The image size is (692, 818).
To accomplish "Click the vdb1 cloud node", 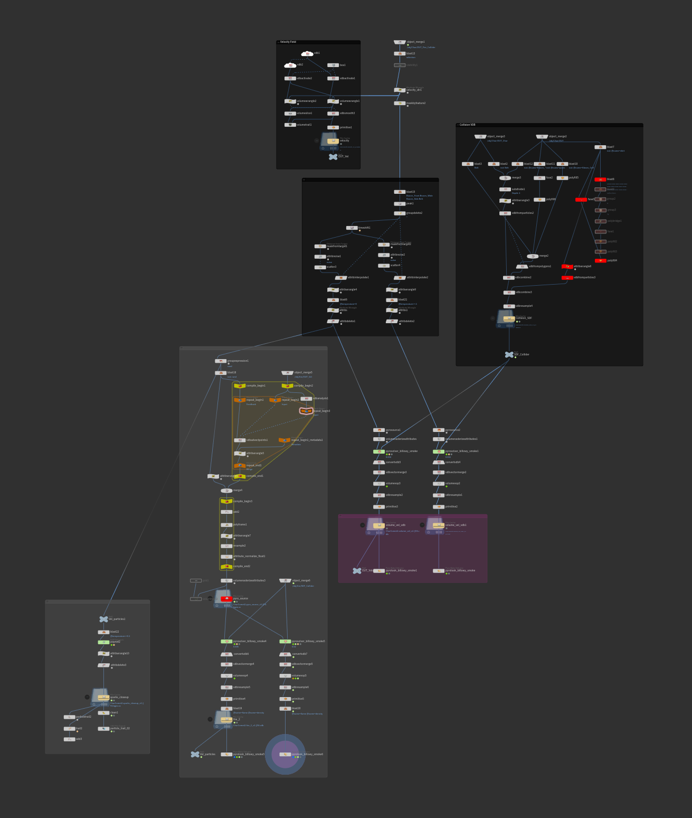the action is tap(307, 53).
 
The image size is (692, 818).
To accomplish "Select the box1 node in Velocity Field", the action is tap(333, 65).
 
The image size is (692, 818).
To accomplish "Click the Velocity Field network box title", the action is tap(288, 42).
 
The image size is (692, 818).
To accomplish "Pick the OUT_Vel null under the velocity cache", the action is tap(333, 156).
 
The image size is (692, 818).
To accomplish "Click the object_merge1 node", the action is tap(400, 42).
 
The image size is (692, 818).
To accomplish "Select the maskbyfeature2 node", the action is tap(400, 104).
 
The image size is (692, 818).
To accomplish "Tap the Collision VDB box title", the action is tap(467, 125).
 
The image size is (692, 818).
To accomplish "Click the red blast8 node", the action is tap(600, 180).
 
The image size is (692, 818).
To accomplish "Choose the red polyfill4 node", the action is tap(600, 260).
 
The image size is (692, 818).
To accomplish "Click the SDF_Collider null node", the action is tap(509, 355).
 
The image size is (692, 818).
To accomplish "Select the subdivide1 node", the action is tap(505, 190).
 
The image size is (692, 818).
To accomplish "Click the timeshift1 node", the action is tap(352, 228).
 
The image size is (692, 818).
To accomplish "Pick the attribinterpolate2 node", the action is tap(400, 278).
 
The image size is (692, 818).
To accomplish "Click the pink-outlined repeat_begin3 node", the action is tap(306, 411).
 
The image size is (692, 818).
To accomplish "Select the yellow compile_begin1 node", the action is tap(240, 386).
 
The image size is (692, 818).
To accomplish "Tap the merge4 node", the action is tap(226, 491).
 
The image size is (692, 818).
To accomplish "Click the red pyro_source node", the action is tap(226, 599).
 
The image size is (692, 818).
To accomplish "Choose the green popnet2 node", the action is tap(103, 642).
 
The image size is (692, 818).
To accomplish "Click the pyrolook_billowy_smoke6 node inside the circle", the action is tap(285, 755).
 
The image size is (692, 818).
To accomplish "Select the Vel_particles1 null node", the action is tap(103, 619).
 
